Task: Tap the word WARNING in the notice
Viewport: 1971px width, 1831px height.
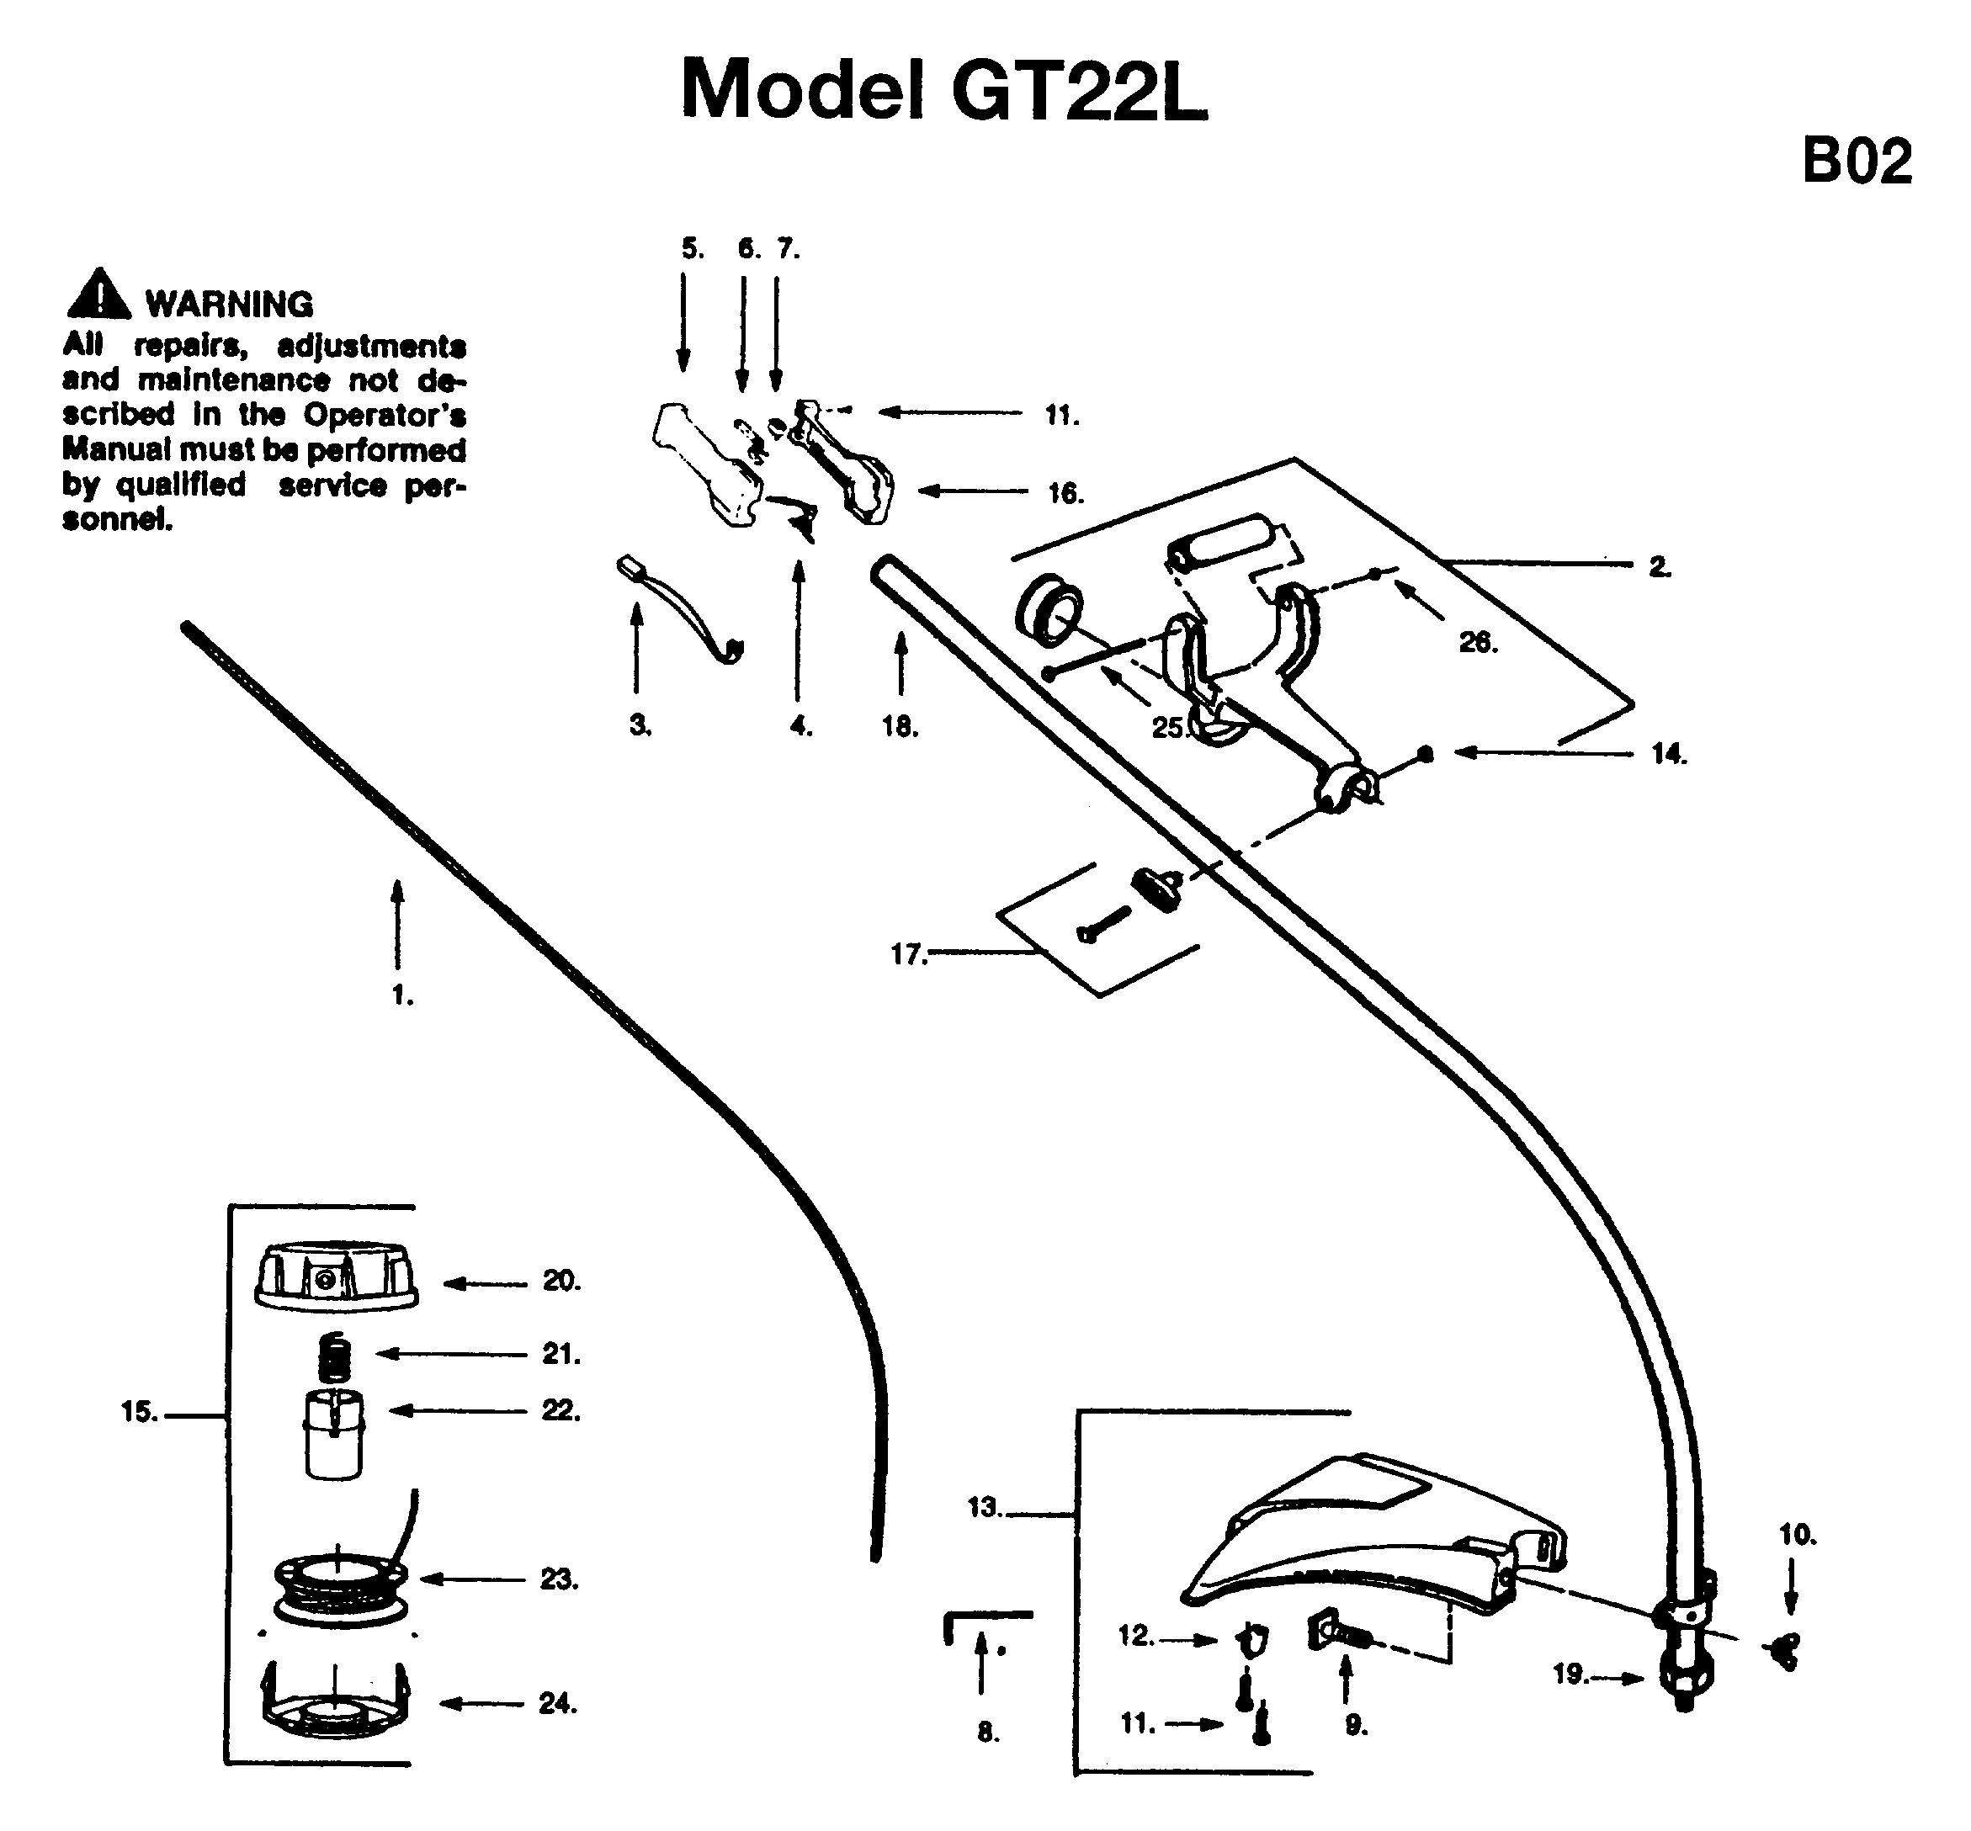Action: tap(229, 304)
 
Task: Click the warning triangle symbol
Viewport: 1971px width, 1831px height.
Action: tap(98, 294)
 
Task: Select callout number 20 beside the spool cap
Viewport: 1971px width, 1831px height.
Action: tap(560, 1281)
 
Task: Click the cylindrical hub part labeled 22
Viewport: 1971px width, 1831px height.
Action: tap(334, 1436)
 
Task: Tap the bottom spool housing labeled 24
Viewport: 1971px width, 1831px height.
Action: tap(336, 1704)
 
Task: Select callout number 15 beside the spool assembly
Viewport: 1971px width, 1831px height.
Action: tap(140, 1412)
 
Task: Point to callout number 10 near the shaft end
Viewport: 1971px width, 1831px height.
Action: tap(1798, 1535)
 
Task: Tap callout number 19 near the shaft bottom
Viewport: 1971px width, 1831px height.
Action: tap(1570, 1674)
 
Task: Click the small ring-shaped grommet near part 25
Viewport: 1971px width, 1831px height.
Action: tap(1050, 614)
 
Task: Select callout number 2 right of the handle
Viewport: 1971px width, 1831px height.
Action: tap(1660, 568)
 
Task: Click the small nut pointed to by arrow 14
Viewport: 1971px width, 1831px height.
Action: tap(1425, 754)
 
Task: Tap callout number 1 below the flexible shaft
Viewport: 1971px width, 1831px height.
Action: tap(402, 995)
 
